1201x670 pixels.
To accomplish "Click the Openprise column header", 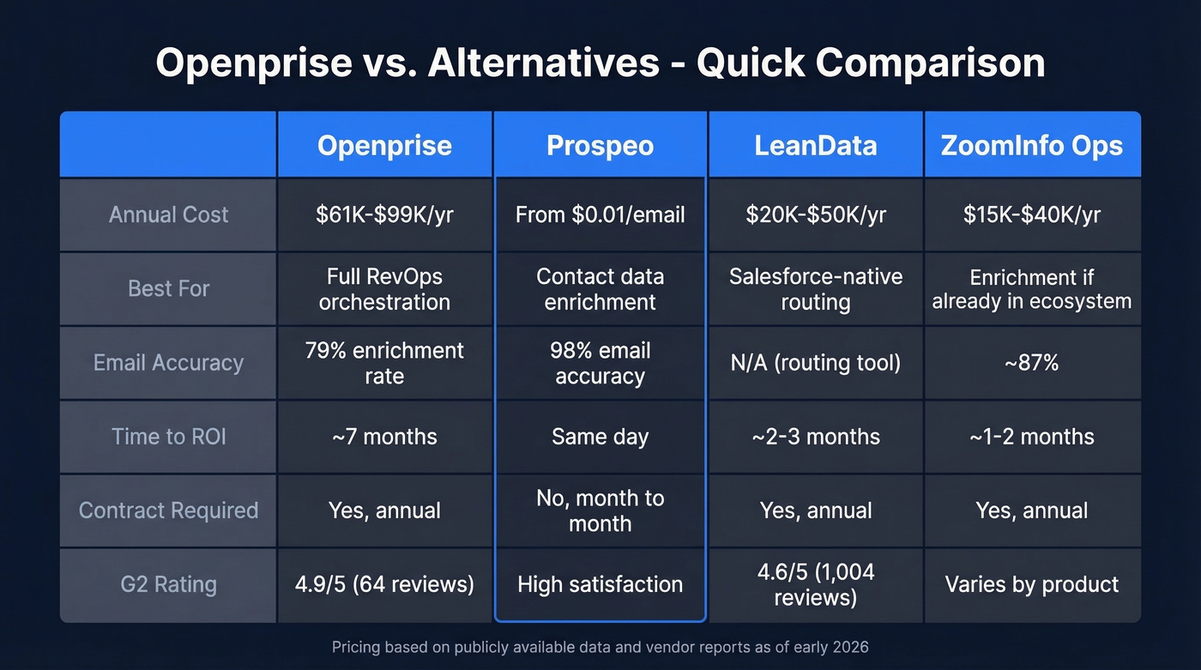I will [384, 146].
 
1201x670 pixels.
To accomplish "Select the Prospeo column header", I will [600, 146].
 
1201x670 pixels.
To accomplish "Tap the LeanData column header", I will [815, 146].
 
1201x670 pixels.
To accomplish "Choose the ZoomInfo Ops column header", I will [1031, 146].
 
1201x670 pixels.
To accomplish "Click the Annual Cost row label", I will [168, 214].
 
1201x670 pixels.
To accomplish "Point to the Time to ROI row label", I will [168, 437].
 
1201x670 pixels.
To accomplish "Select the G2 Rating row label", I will [168, 585].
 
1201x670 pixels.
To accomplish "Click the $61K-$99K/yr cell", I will [384, 214].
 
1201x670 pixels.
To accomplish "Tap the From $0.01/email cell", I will [600, 214].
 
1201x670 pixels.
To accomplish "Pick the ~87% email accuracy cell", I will [1031, 363].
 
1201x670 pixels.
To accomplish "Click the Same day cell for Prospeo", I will [600, 437].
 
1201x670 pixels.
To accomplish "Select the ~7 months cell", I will [384, 437].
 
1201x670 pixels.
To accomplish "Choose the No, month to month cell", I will [600, 510].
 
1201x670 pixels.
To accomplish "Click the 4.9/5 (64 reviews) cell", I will [384, 585].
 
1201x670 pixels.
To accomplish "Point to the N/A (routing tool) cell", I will [815, 363].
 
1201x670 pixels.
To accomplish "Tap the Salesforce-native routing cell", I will [815, 289].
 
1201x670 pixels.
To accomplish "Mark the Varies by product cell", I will [1031, 585].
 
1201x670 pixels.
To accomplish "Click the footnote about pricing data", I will [600, 647].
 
